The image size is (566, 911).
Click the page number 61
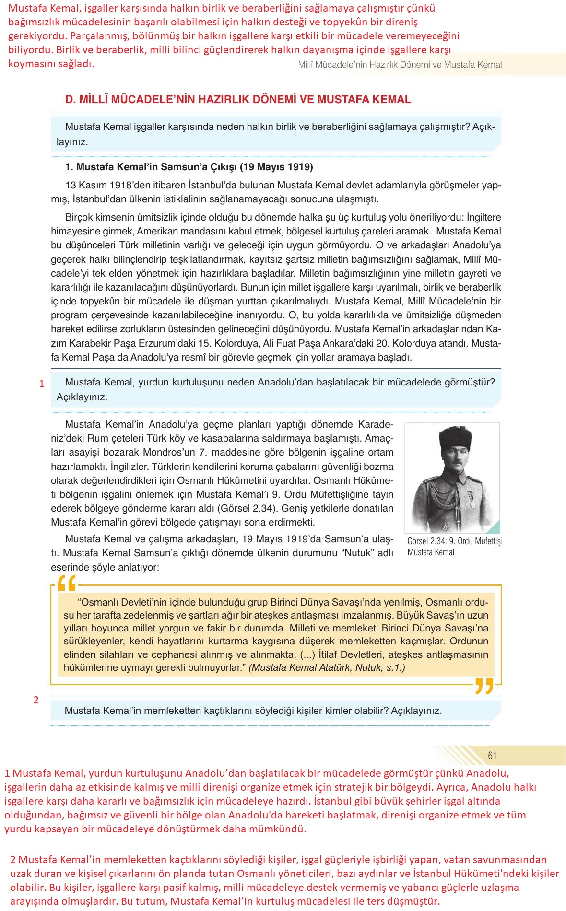(492, 755)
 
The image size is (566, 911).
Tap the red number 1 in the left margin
(42, 384)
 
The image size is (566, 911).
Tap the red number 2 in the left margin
(36, 700)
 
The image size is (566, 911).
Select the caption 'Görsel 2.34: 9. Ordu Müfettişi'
(455, 541)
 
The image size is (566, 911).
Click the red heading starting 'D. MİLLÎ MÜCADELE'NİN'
(238, 100)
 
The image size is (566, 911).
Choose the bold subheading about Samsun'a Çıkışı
(189, 167)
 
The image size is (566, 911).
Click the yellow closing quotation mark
(484, 686)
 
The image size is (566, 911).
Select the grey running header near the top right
(400, 65)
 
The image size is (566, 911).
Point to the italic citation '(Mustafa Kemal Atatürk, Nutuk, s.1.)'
(327, 667)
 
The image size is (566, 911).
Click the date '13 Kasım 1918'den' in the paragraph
(102, 185)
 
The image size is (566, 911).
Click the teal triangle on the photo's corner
(494, 527)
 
